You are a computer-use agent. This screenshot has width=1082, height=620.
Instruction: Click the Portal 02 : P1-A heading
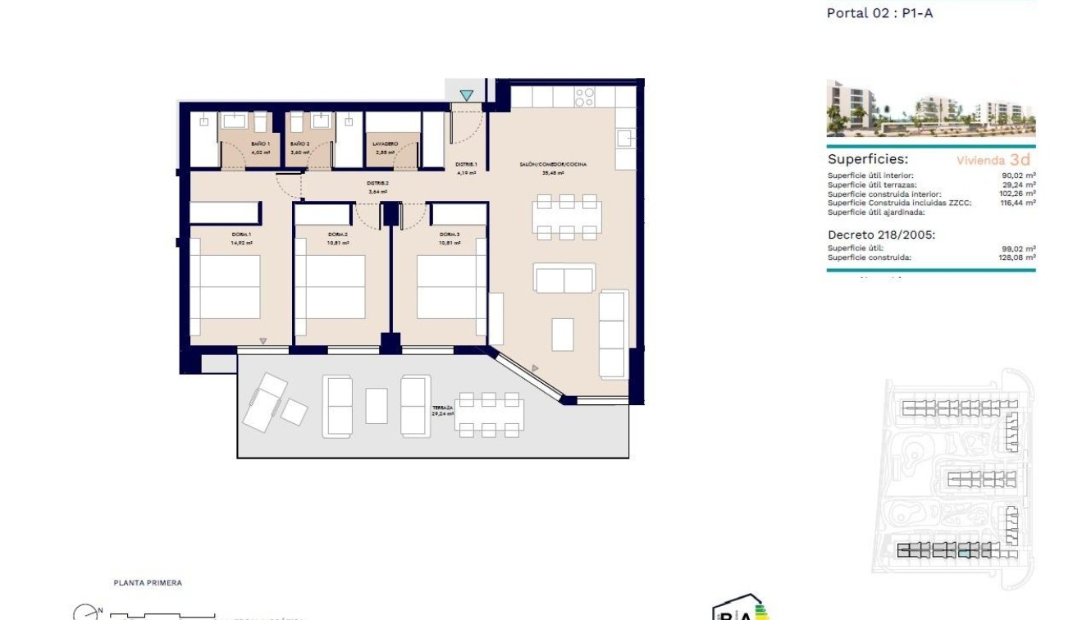click(x=879, y=13)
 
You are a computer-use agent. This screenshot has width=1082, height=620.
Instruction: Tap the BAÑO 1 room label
click(x=260, y=144)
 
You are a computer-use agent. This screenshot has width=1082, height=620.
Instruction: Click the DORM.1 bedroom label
click(x=241, y=235)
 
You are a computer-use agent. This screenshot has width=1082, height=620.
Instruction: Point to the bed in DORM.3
click(x=448, y=288)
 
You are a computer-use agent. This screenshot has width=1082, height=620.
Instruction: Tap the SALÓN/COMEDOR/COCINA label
click(x=552, y=165)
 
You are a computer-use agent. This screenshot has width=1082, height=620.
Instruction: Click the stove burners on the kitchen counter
click(x=584, y=98)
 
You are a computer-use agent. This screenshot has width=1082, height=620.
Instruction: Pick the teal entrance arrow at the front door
click(x=467, y=96)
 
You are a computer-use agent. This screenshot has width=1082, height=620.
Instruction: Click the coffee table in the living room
click(x=563, y=334)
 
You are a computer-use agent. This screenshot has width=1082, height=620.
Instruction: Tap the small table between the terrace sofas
click(x=377, y=405)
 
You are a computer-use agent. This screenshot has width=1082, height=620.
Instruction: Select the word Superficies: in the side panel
click(x=868, y=160)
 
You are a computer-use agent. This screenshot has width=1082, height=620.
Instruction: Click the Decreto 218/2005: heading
click(x=881, y=235)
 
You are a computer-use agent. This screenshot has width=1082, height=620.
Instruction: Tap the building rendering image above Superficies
click(x=931, y=108)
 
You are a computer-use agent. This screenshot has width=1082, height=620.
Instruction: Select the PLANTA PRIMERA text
click(x=148, y=583)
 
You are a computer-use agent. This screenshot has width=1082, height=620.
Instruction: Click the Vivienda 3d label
click(x=993, y=161)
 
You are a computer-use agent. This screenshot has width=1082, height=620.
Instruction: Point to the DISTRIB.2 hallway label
click(x=377, y=183)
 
